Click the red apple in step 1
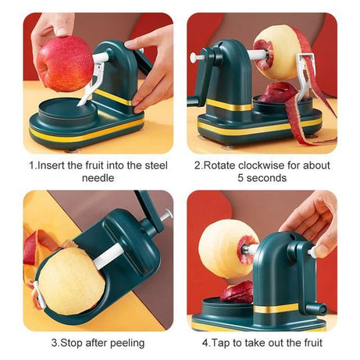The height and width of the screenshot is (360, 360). [64, 62]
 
